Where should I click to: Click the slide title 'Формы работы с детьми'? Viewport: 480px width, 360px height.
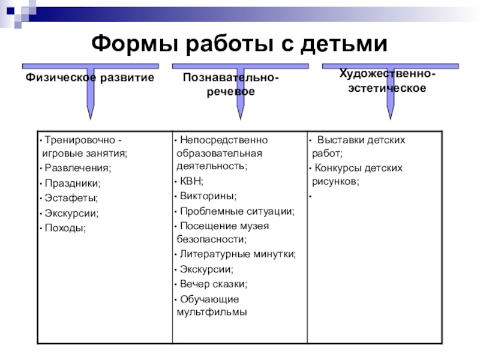[x=239, y=43]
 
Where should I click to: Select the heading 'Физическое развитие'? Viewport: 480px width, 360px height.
[x=89, y=78]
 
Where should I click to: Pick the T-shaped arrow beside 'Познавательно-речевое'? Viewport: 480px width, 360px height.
[x=240, y=90]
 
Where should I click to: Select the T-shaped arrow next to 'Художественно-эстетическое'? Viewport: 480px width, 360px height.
[x=391, y=90]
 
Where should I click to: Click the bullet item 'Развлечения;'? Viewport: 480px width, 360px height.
[x=78, y=167]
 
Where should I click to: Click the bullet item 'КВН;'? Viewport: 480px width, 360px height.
[x=191, y=181]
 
